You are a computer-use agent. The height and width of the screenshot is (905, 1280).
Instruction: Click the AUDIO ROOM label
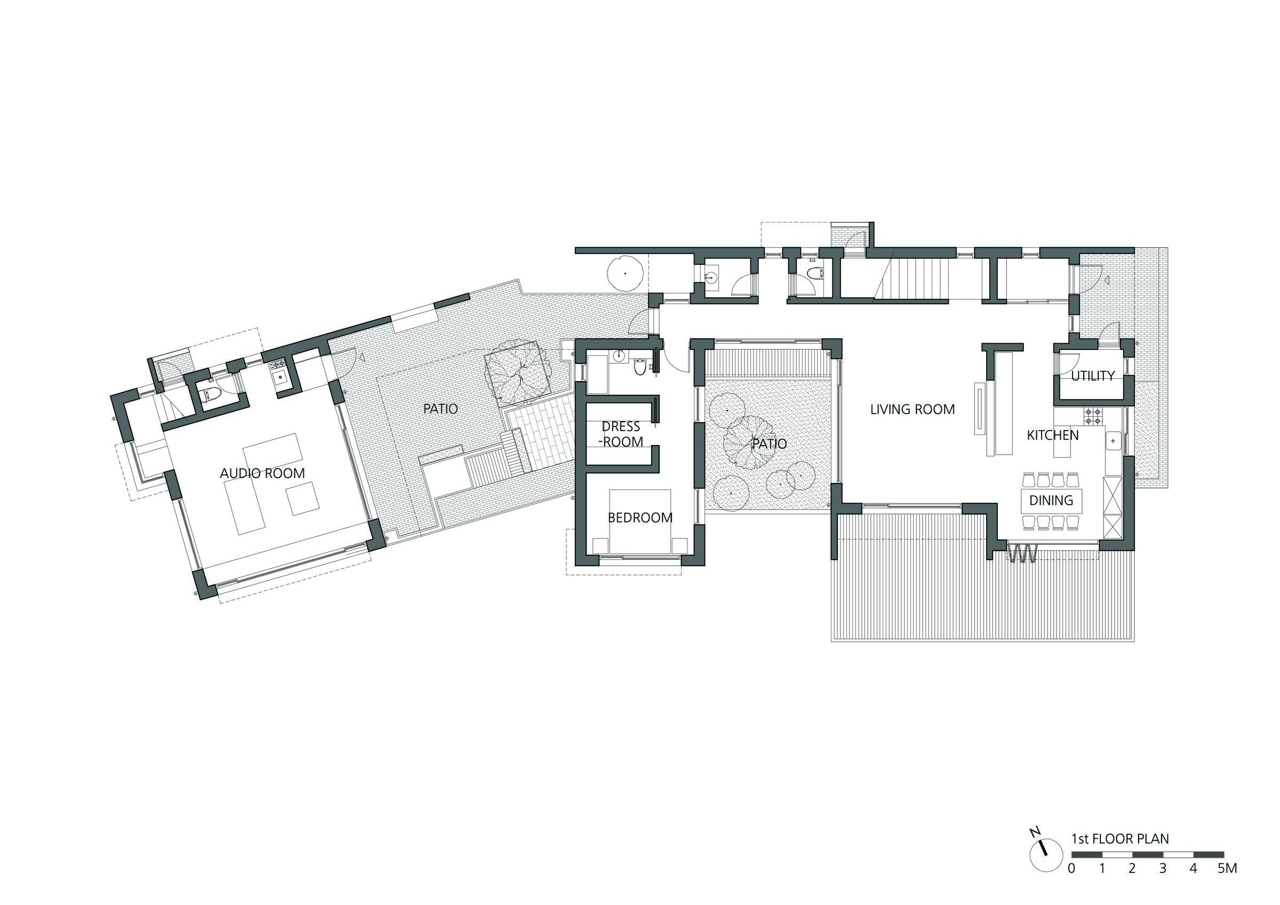tap(262, 473)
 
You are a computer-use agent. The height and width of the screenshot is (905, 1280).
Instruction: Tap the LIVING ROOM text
tap(913, 409)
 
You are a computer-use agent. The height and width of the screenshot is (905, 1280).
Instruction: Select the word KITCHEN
tap(1053, 435)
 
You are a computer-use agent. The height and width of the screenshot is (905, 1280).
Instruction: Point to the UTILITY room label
tap(1093, 376)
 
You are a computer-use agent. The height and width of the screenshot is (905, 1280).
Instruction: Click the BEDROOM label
tap(640, 518)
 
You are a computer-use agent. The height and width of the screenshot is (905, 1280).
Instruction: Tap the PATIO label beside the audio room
tap(441, 409)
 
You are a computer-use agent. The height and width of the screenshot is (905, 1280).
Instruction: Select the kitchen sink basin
tap(1113, 441)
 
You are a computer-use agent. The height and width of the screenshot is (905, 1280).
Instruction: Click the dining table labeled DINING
tap(1051, 501)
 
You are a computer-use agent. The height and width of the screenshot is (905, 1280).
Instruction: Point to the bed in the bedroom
tap(640, 521)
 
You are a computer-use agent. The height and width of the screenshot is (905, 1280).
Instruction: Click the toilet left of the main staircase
tap(816, 273)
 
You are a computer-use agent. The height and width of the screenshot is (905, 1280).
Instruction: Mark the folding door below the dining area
tap(1022, 554)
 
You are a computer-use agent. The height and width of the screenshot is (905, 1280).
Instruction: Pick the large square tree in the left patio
tap(516, 378)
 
